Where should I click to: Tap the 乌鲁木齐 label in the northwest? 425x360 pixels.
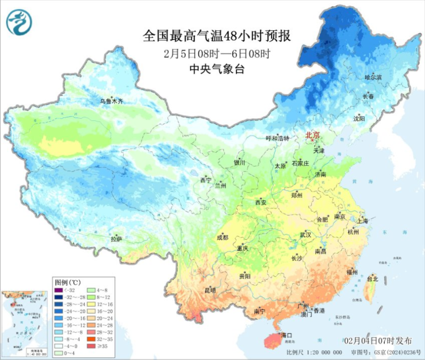pos(111,101)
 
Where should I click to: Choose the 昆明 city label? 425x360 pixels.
pos(210,291)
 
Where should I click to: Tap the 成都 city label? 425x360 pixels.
pos(222,238)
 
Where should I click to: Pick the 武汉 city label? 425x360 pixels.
pos(305,235)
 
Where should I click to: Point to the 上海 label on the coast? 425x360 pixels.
pos(362,221)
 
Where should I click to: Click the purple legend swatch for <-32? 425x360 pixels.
pos(58,290)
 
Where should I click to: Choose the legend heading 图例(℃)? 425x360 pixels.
pos(67,282)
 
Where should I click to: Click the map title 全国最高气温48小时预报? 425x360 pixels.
pos(217,35)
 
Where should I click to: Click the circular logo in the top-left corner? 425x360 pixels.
pos(19,22)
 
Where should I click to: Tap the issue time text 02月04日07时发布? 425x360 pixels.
pos(378,341)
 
